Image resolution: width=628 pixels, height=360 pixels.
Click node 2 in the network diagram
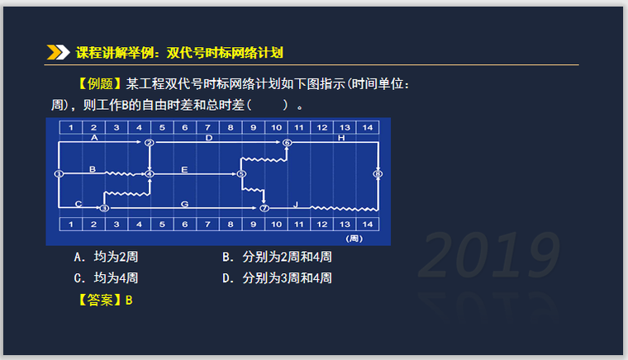click(150, 143)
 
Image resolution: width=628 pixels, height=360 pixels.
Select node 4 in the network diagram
click(150, 174)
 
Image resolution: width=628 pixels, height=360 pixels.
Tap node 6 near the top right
click(287, 143)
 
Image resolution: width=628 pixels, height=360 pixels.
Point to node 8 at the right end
click(378, 174)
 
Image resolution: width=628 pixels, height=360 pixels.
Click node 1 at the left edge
click(59, 174)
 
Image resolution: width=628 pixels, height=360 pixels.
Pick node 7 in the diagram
click(264, 208)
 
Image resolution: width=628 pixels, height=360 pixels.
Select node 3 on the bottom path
click(104, 208)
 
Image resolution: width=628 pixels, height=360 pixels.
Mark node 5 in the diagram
click(241, 174)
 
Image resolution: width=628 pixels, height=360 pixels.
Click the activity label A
click(94, 138)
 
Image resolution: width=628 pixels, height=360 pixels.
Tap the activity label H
click(341, 138)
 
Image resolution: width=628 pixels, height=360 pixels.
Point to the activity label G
click(184, 203)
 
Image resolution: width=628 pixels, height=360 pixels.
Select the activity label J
click(296, 203)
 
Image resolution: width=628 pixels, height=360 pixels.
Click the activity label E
click(184, 169)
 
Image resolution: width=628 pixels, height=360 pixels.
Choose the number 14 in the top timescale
click(369, 127)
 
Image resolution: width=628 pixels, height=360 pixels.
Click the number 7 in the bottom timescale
click(207, 225)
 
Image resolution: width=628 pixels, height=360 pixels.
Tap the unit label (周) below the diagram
click(355, 238)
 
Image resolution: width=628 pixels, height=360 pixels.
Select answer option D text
click(277, 278)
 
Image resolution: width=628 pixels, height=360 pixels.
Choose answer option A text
click(106, 258)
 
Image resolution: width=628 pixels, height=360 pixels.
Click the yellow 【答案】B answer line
click(106, 300)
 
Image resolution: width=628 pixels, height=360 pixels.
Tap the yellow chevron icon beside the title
click(58, 53)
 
